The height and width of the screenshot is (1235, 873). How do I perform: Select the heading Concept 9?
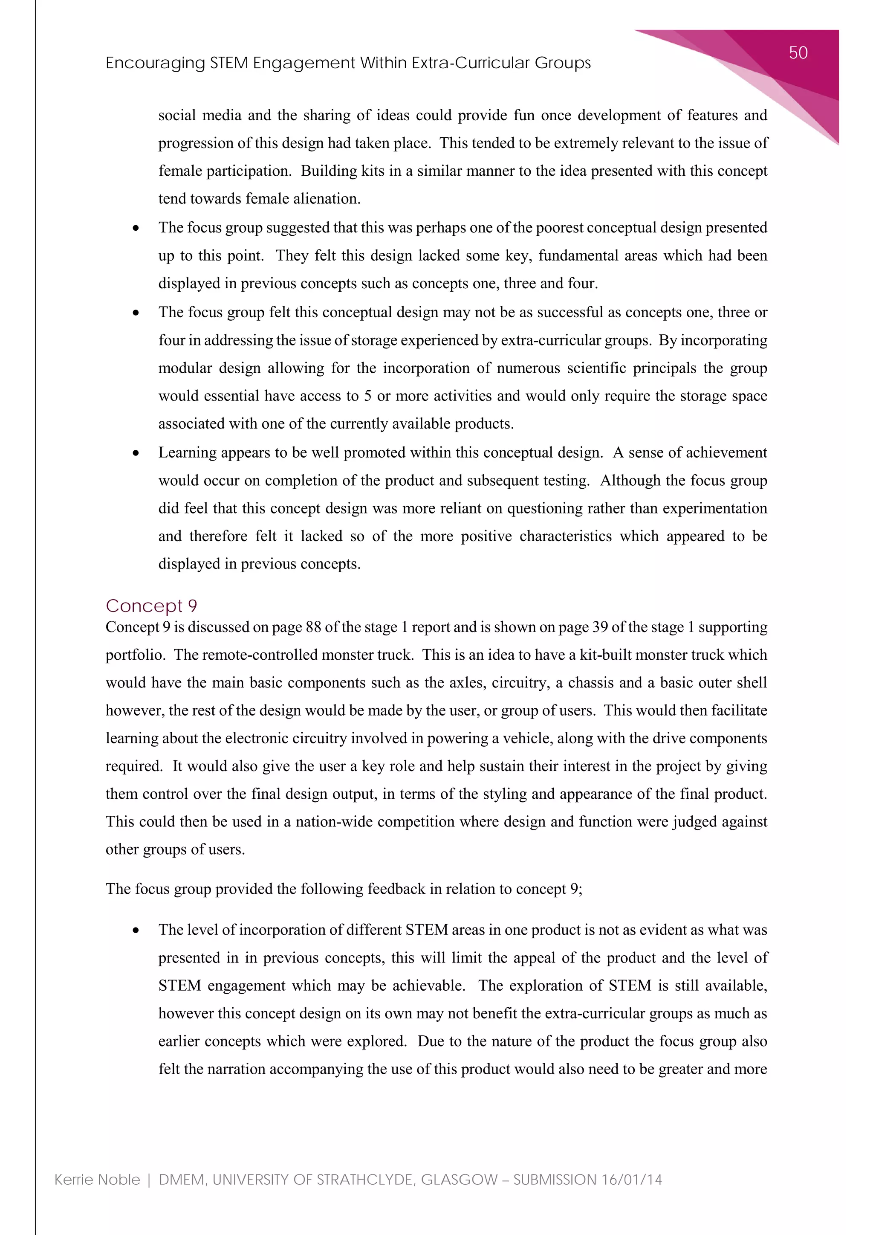coord(152,606)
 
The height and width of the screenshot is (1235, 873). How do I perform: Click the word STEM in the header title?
coord(229,64)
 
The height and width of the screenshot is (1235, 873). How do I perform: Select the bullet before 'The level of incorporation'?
coord(136,931)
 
